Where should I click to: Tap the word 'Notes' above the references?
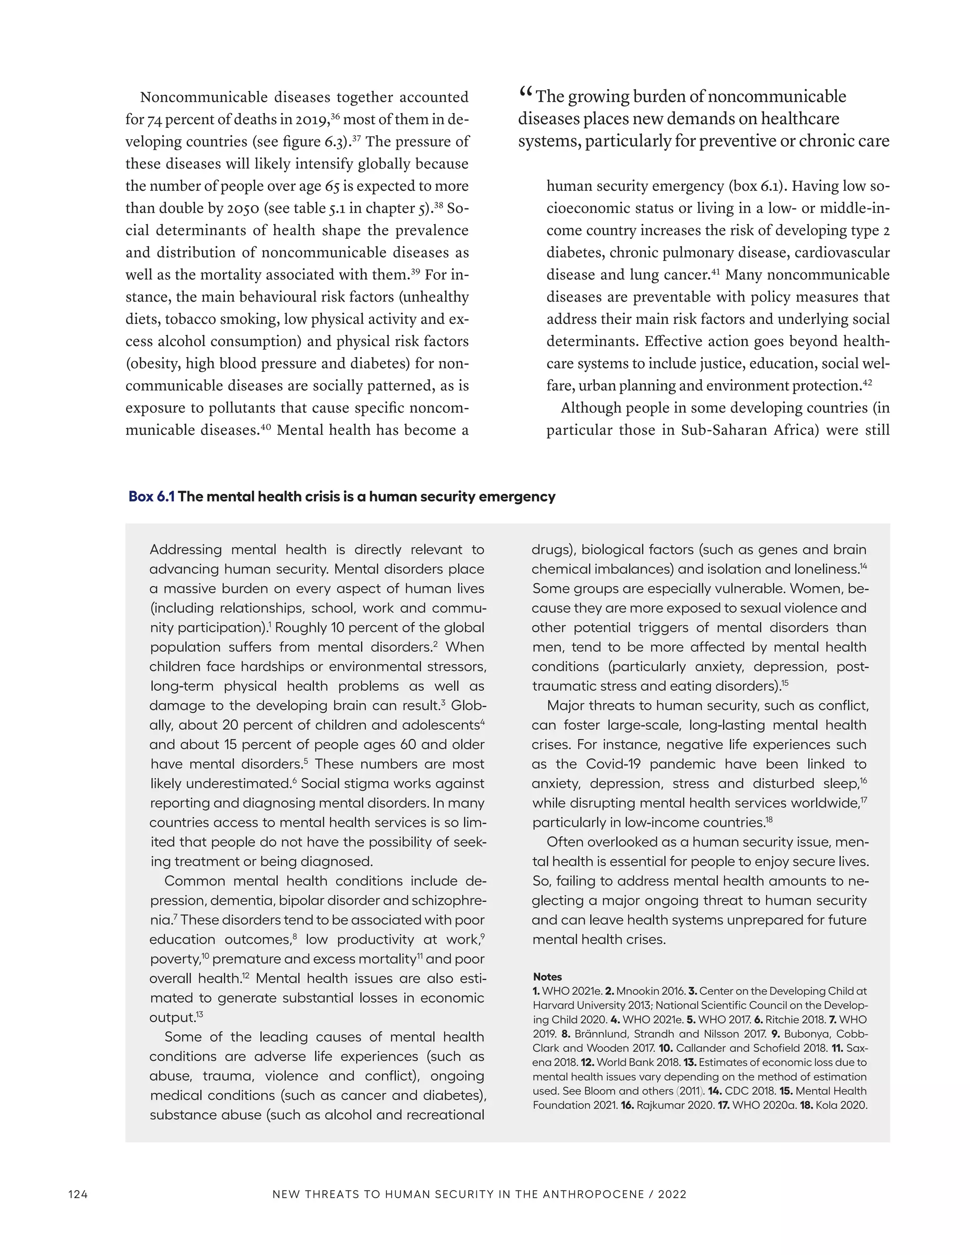(547, 977)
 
